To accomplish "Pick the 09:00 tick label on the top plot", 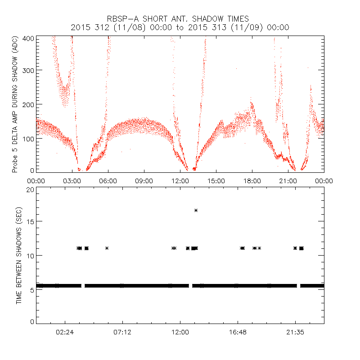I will [144, 181].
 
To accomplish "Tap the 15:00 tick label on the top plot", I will [216, 181].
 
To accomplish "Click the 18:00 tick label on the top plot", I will [252, 181].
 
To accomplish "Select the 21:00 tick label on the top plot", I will [288, 181].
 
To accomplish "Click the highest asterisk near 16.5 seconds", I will [196, 210].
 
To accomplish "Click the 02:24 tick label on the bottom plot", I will [65, 332].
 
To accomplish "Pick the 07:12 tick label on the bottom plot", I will [122, 332].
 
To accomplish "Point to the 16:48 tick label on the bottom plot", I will [238, 332].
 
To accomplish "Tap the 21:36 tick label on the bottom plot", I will [295, 332].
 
